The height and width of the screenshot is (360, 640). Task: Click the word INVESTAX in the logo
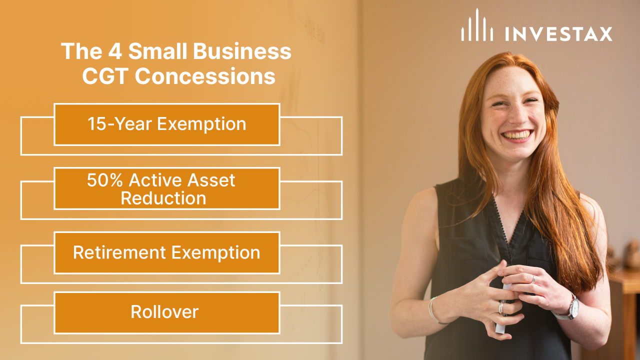coord(558,34)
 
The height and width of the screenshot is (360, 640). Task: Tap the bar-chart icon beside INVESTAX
coord(477,26)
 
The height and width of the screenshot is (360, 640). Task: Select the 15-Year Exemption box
coord(166,124)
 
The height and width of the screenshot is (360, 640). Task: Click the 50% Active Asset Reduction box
coord(166,188)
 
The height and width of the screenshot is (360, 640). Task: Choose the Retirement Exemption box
coord(166,252)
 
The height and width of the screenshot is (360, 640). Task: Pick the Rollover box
coord(166,312)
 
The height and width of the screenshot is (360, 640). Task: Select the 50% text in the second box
coord(103,180)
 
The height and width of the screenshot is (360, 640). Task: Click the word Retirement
coord(119,252)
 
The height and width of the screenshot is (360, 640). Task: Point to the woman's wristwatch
coord(571,307)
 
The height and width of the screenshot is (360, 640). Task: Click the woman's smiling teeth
coord(517,135)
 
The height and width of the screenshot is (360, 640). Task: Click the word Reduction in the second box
coord(163,198)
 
